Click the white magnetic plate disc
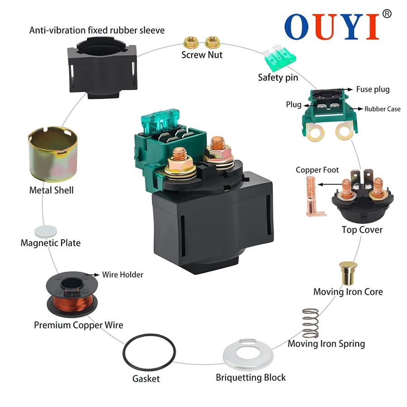[46, 231]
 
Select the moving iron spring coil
[310, 323]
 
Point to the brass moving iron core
[348, 273]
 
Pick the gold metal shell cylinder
[53, 154]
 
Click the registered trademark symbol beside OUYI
[387, 14]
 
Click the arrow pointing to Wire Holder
[92, 274]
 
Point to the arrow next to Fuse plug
[347, 90]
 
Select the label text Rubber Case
[382, 109]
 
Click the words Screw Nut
[202, 55]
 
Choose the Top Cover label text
[362, 230]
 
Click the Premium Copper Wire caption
[78, 325]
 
